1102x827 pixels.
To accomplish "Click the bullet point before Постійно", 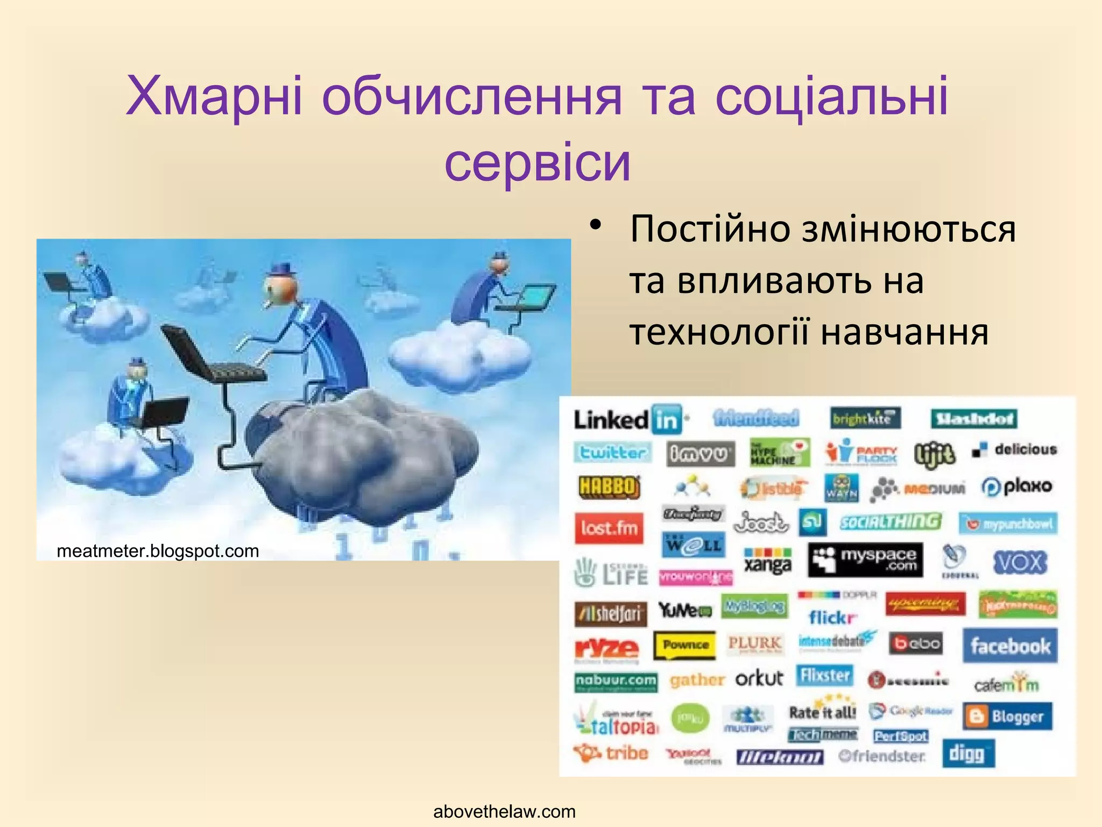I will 594,226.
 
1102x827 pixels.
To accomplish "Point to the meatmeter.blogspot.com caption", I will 158,551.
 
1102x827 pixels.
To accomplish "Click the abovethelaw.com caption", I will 504,811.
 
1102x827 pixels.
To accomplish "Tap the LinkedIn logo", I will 627,419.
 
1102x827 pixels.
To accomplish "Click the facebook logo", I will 1010,646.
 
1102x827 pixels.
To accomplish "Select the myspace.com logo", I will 865,560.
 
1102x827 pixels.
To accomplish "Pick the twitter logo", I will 612,452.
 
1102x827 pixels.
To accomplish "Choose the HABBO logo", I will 609,487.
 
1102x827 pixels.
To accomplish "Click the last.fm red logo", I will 609,528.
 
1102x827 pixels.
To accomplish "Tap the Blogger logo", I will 1007,717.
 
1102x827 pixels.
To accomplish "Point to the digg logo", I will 967,753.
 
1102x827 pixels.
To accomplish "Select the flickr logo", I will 831,617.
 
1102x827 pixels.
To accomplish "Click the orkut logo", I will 759,678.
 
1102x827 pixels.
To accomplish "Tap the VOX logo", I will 1020,563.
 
